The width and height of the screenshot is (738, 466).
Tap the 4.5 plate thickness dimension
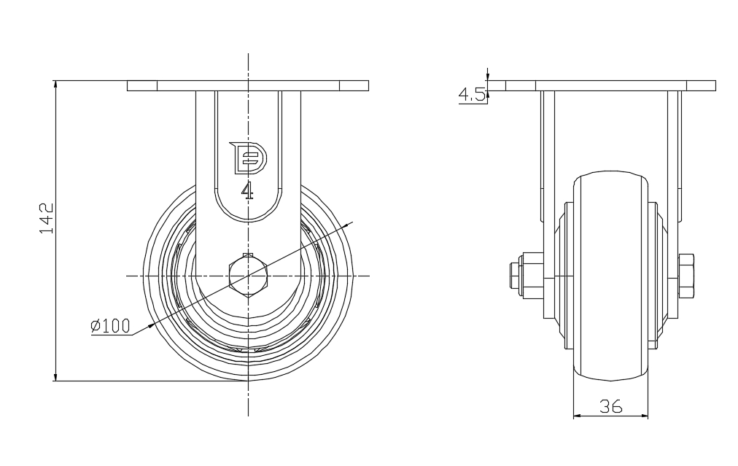[472, 95]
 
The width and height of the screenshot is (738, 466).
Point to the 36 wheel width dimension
[610, 407]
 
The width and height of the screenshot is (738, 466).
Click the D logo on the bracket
[248, 158]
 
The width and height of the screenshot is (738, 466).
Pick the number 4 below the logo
[248, 191]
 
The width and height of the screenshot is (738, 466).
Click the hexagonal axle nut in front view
[248, 276]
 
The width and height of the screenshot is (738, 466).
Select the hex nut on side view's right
[686, 276]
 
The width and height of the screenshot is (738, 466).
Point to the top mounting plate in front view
[248, 85]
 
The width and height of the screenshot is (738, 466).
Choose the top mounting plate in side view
[610, 85]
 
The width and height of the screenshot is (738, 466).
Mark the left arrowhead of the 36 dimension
[577, 416]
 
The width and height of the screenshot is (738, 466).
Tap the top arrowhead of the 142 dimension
[55, 84]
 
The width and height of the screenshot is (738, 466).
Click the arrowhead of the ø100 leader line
[149, 325]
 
